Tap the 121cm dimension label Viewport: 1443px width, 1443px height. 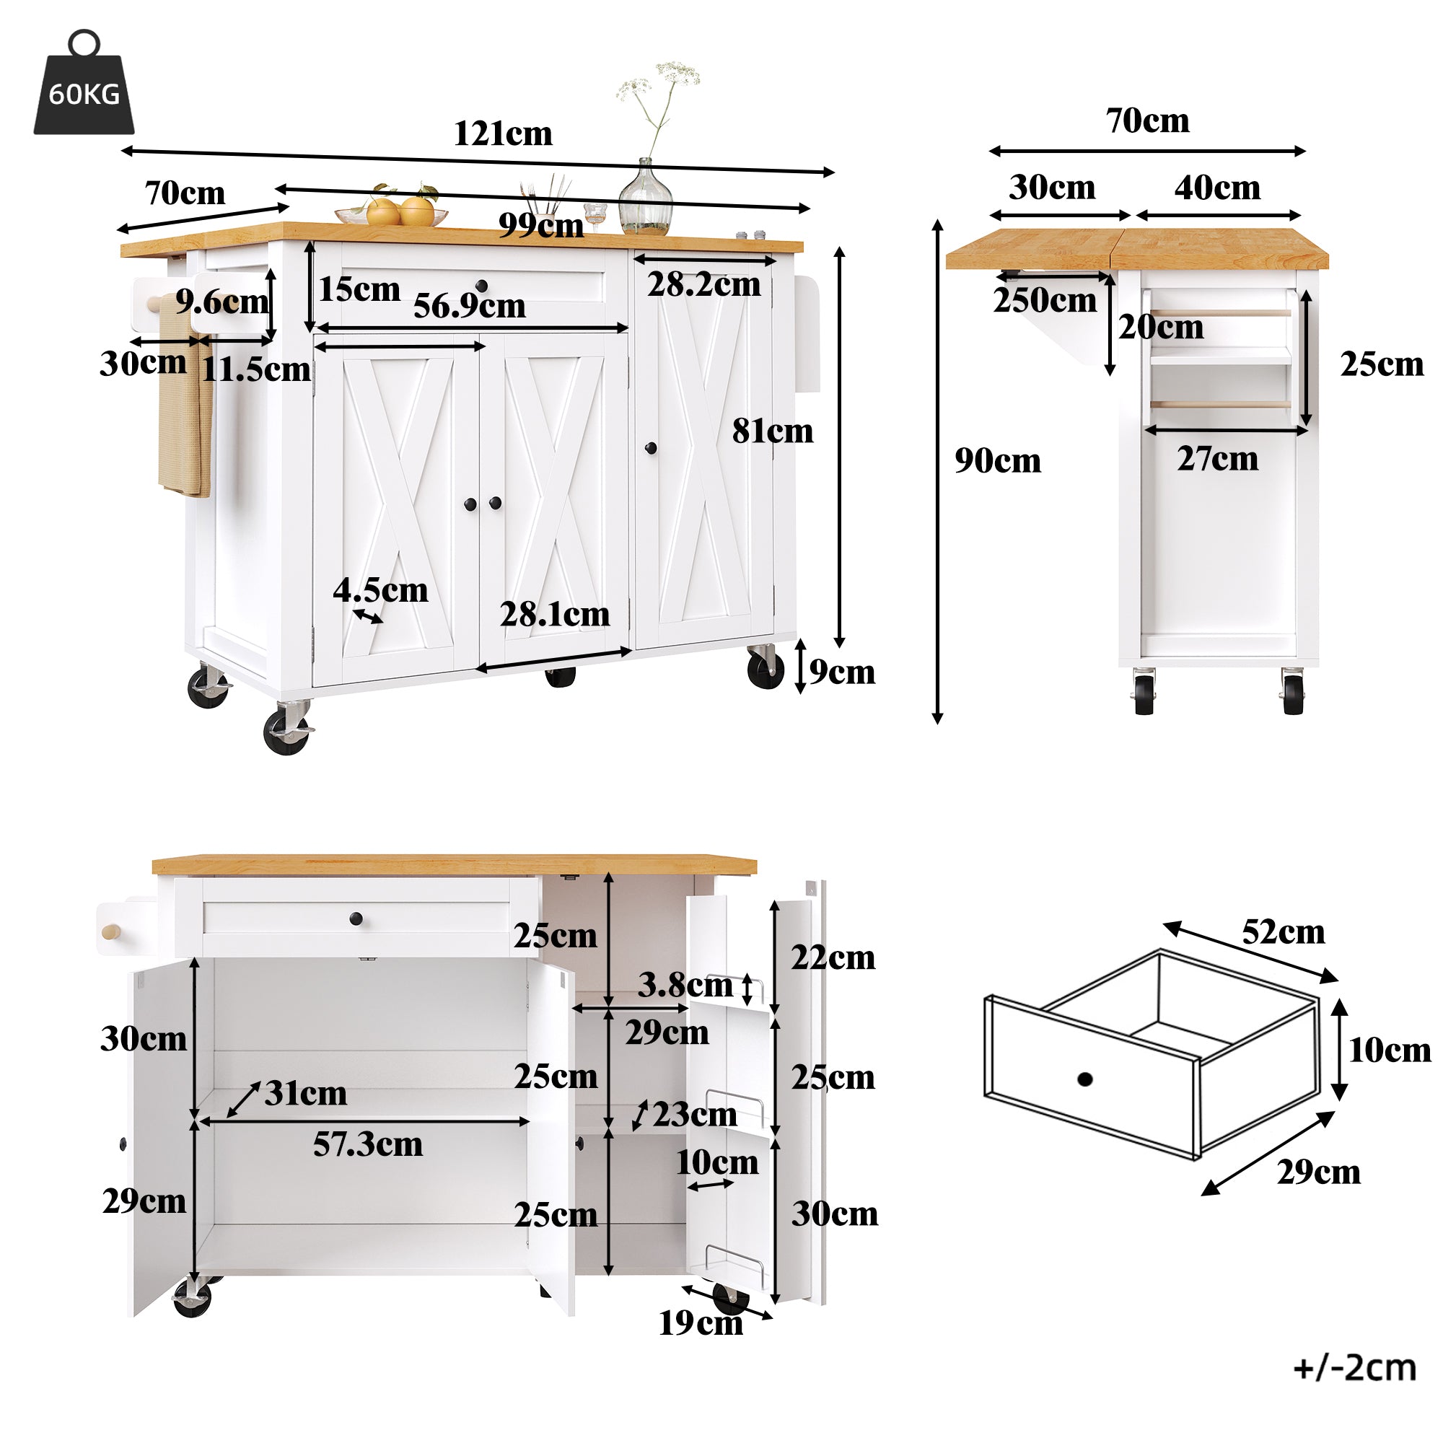pos(503,133)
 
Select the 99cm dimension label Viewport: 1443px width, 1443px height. pos(540,226)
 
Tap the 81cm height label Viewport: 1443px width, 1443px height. pos(771,431)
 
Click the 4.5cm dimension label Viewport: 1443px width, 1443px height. pos(380,591)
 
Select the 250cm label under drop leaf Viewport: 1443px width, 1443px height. pos(1044,300)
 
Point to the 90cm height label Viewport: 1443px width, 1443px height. pos(997,461)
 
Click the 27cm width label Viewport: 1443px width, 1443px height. pos(1216,459)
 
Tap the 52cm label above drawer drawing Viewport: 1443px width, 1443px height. pos(1282,932)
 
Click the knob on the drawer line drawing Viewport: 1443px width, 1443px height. pos(1085,1079)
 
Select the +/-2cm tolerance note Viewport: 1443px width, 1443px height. pos(1354,1367)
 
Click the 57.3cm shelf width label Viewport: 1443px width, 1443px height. pos(367,1144)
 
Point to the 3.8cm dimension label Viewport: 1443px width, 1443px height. pos(684,985)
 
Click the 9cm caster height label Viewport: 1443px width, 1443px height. pos(842,672)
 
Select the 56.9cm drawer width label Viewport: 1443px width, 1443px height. pos(469,305)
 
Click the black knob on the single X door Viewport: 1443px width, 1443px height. pos(651,448)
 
